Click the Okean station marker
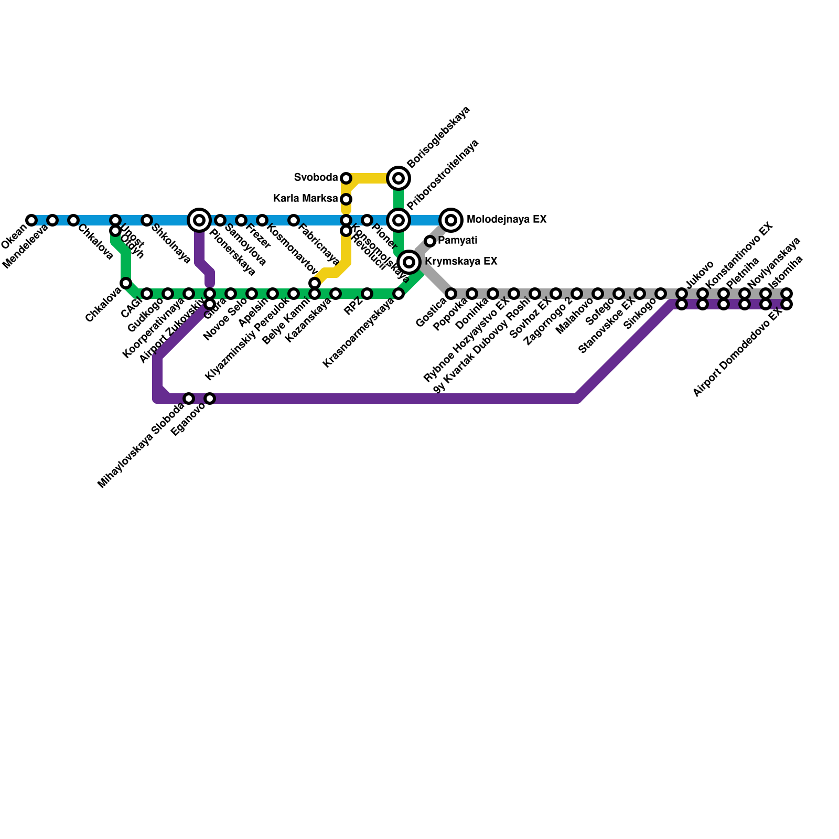click(x=31, y=220)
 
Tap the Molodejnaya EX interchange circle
click(x=451, y=220)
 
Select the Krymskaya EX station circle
click(x=409, y=262)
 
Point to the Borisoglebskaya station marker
click(x=399, y=178)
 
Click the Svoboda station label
click(x=316, y=178)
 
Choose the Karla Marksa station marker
click(x=346, y=199)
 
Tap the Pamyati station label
click(x=457, y=241)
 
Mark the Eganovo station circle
click(x=210, y=399)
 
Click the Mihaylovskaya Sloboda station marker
click(x=189, y=399)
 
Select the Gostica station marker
click(x=451, y=294)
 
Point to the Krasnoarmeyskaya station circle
click(x=399, y=294)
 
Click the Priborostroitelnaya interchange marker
click(x=399, y=220)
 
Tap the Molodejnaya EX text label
click(x=506, y=220)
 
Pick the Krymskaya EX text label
click(x=460, y=261)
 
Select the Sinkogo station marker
click(x=661, y=294)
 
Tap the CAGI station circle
click(x=147, y=294)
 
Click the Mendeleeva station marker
click(x=52, y=220)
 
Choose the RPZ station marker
click(x=367, y=294)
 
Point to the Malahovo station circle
click(x=598, y=294)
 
